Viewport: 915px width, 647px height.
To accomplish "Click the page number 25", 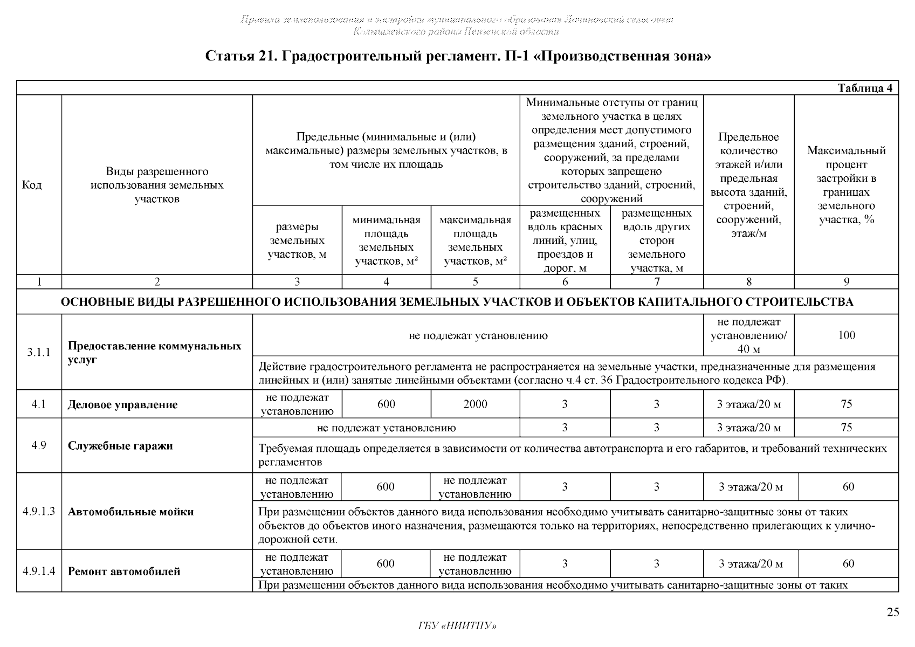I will click(893, 612).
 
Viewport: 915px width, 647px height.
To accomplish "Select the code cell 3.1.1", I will click(39, 352).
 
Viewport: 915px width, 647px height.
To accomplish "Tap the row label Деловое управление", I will click(122, 405).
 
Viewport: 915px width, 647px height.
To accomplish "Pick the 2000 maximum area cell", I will click(475, 404).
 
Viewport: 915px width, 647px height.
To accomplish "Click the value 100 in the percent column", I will click(847, 335).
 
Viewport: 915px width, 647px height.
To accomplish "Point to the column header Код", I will click(32, 185).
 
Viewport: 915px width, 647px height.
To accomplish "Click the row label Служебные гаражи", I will click(120, 446).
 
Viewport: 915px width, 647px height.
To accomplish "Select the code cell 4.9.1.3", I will click(39, 512).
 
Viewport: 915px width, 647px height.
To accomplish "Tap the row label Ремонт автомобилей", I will click(124, 572).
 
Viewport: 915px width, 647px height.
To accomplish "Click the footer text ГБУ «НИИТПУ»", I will click(457, 626).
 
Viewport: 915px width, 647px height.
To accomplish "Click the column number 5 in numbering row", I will click(475, 282).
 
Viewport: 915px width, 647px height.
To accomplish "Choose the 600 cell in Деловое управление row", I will click(386, 404).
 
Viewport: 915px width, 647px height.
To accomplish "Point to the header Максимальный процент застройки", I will click(846, 185).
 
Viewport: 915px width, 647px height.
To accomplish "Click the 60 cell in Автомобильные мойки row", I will click(848, 487).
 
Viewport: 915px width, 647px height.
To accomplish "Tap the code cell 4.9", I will click(39, 446).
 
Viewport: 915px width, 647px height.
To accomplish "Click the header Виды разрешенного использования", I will click(157, 185).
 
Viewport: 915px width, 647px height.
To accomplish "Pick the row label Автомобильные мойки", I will click(130, 512).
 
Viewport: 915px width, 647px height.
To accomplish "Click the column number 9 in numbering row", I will click(847, 282).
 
